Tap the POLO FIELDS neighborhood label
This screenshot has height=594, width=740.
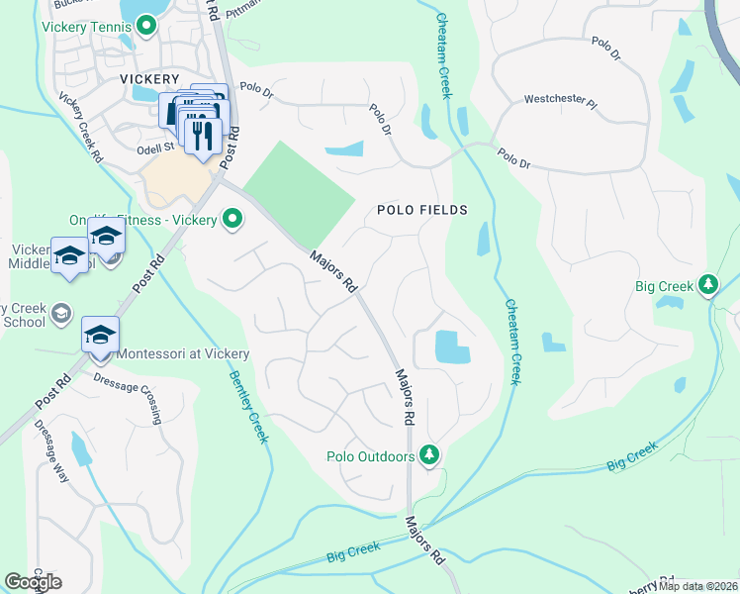(420, 210)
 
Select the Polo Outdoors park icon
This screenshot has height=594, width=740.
(429, 455)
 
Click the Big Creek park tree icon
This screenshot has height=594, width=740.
(708, 286)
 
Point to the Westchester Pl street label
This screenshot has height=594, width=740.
(560, 101)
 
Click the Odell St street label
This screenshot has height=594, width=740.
(155, 147)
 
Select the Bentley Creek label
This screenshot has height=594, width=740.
(248, 406)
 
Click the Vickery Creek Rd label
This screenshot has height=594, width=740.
(81, 127)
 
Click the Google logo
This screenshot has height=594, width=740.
(33, 582)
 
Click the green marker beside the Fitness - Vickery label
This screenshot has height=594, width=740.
(232, 218)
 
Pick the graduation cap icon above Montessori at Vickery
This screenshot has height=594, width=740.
(100, 336)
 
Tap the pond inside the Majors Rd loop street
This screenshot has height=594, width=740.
(453, 346)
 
